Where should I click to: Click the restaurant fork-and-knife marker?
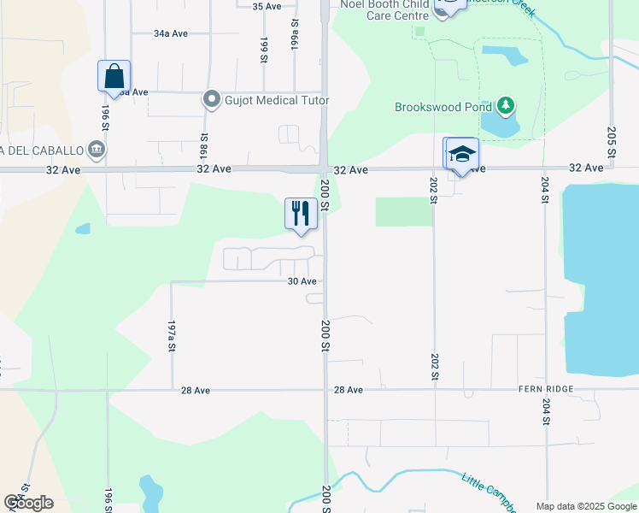tap(300, 213)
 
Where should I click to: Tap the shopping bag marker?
tap(114, 76)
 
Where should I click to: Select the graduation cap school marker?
tap(462, 155)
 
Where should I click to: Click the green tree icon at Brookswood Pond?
tap(506, 106)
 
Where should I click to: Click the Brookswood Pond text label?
tap(443, 108)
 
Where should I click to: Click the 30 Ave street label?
tap(302, 281)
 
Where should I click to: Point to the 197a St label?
tap(172, 336)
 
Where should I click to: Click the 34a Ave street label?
tap(170, 33)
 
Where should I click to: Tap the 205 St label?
tap(612, 140)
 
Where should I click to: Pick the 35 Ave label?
tap(267, 6)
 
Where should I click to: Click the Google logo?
tap(29, 502)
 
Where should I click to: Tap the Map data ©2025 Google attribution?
tap(585, 506)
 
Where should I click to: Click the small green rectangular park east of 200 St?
tap(403, 211)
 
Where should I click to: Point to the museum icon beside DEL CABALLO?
tap(96, 150)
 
